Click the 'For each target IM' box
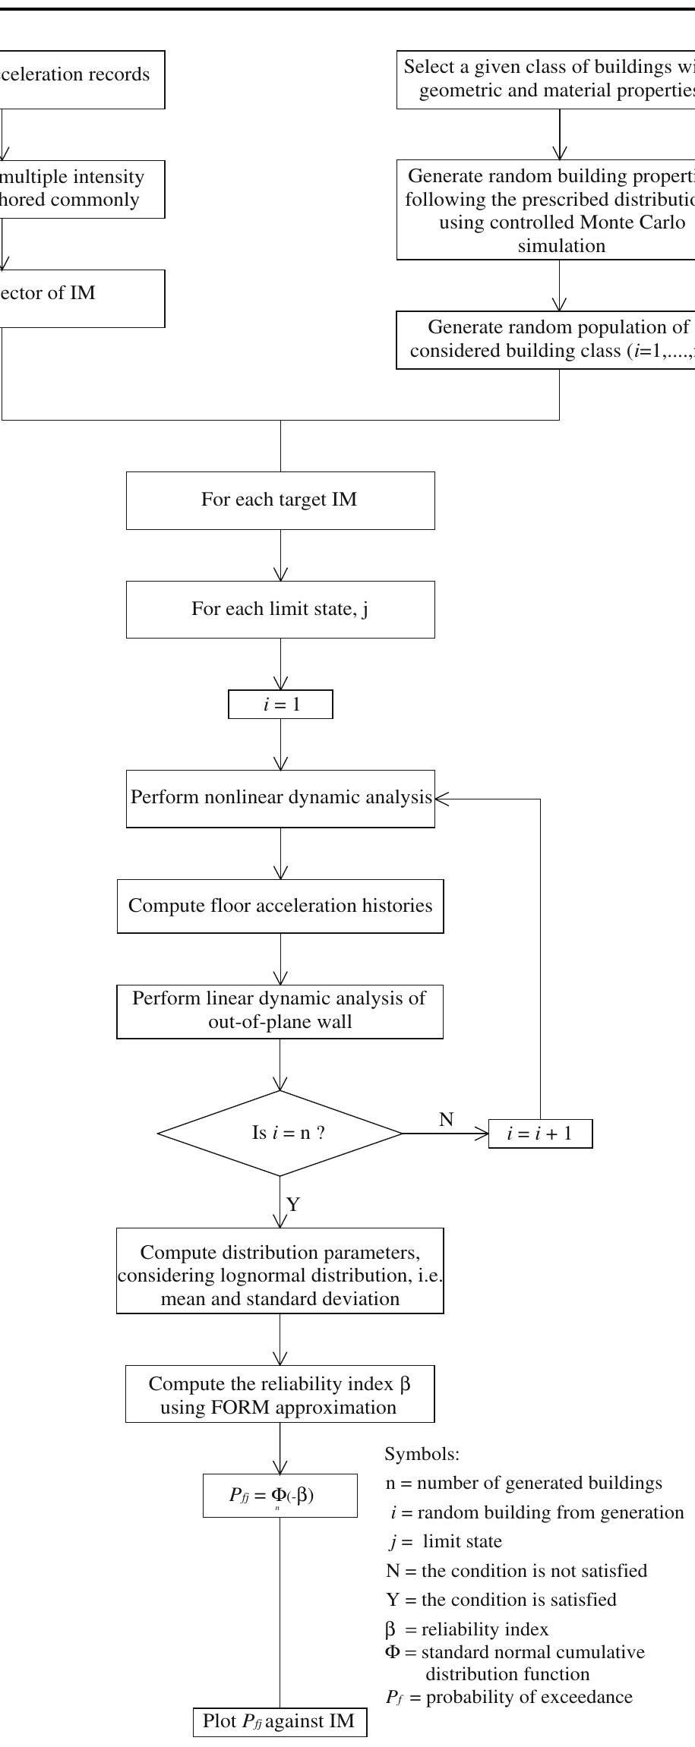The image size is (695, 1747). [x=280, y=500]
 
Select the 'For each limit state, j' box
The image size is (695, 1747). [x=280, y=610]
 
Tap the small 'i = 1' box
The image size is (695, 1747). [x=280, y=705]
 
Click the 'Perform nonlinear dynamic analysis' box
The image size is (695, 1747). [x=280, y=799]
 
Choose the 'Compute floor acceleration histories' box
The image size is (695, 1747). [x=280, y=906]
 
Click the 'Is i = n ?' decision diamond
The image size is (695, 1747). [x=280, y=1134]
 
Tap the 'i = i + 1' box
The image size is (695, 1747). [x=540, y=1134]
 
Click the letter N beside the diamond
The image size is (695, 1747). [x=447, y=1119]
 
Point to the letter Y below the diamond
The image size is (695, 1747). [x=293, y=1204]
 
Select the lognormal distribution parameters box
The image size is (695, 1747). [x=280, y=1276]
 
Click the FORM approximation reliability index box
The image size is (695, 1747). [x=280, y=1395]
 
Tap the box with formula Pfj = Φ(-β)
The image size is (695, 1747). [x=280, y=1495]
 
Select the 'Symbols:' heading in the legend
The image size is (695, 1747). [x=422, y=1455]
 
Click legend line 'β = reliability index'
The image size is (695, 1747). [x=466, y=1629]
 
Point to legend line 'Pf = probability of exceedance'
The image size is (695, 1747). [x=509, y=1697]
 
